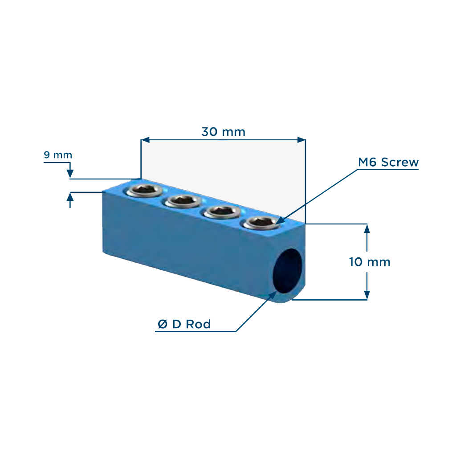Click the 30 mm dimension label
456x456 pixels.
224,132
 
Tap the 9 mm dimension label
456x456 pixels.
58,155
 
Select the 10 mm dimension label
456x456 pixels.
370,262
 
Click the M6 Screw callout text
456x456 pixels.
388,162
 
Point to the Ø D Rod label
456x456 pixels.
184,324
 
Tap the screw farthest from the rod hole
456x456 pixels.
144,191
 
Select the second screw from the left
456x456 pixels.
183,201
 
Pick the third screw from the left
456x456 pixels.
222,212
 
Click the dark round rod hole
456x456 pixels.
288,270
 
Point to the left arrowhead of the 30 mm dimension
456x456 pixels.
145,140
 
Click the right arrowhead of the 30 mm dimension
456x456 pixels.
301,140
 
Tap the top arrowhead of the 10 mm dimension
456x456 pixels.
367,228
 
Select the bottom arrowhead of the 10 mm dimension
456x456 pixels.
367,295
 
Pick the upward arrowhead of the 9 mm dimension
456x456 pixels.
70,197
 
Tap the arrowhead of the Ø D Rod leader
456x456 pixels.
273,295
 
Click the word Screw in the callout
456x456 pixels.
400,162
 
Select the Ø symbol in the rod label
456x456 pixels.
163,324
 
